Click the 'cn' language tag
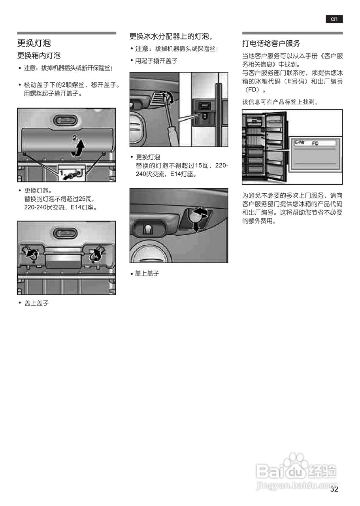pos(334,19)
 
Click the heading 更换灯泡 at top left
pos(34,43)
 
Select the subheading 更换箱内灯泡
pos(39,55)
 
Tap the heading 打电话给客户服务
pos(271,43)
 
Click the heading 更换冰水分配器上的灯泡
pos(171,37)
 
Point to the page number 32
pos(334,489)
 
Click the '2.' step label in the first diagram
pos(75,138)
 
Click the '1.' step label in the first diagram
pos(63,172)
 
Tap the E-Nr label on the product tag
pos(300,142)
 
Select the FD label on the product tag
pos(315,143)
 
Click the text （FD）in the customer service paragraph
pos(252,90)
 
